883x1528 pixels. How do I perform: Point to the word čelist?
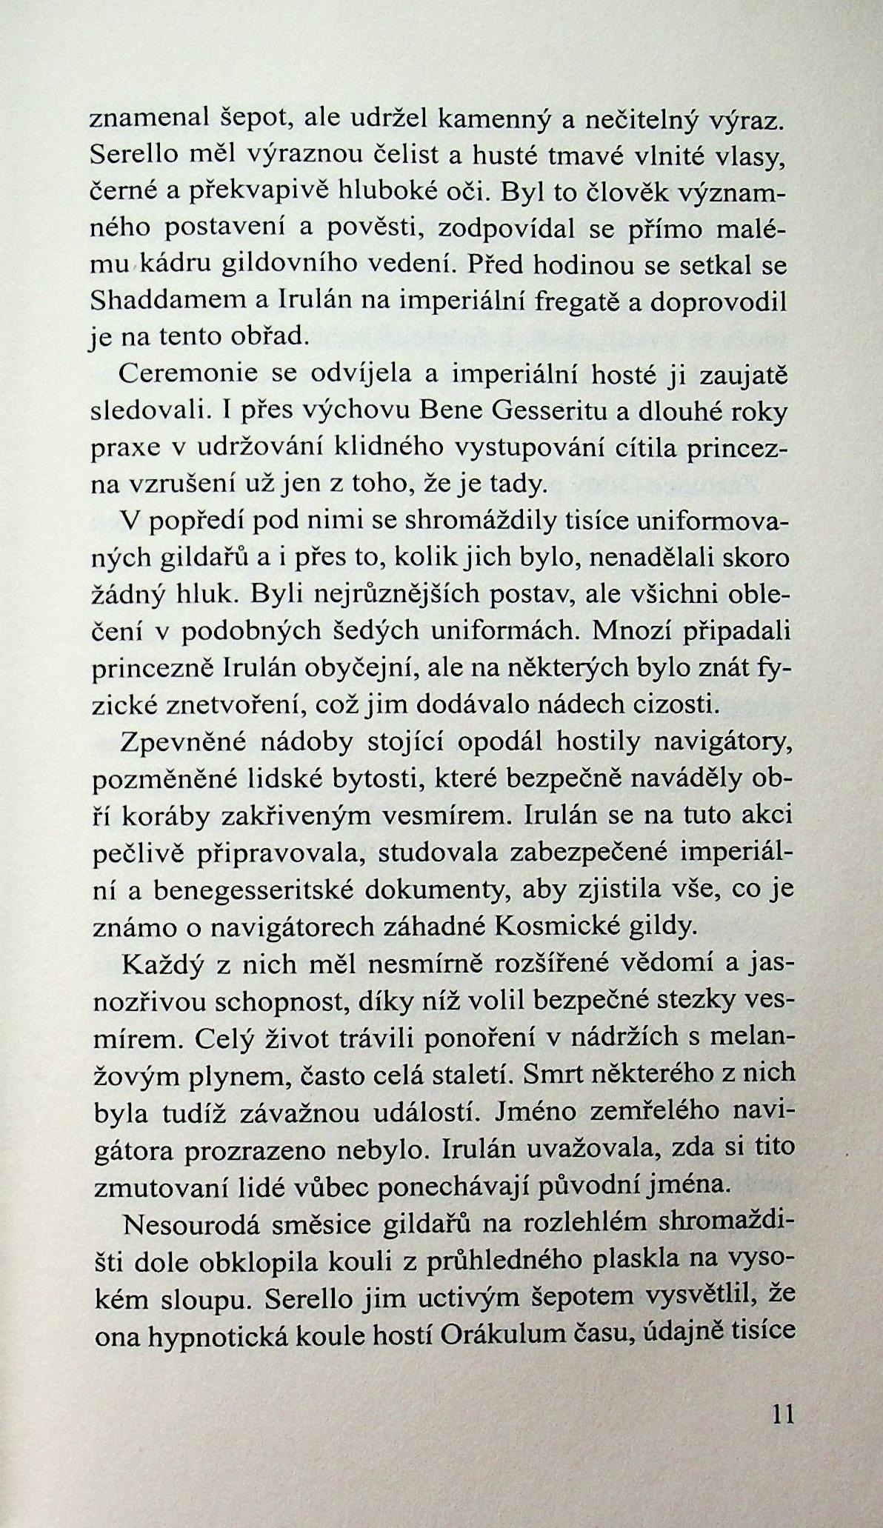coord(411,156)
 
